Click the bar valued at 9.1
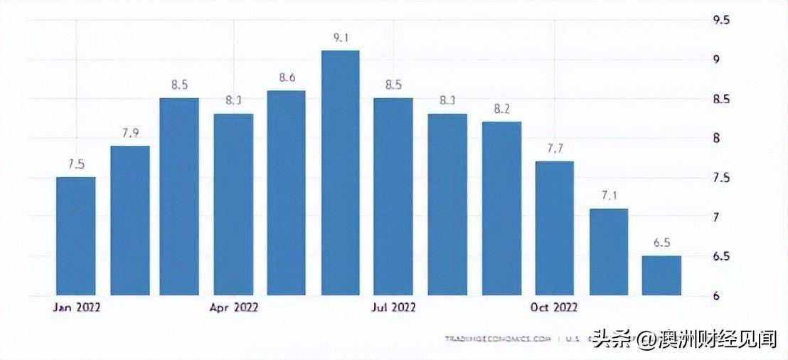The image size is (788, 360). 340,173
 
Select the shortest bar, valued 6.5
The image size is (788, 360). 661,275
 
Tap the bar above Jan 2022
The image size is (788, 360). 76,235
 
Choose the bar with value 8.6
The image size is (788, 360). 287,193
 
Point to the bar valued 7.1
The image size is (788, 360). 608,252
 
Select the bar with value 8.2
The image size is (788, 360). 501,208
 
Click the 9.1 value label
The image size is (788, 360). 340,38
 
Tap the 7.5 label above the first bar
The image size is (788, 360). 76,164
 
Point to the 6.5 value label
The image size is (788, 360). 661,243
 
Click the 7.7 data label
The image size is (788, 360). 554,149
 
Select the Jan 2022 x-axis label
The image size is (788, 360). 76,307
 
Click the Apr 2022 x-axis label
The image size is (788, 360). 234,307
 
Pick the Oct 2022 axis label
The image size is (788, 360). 554,307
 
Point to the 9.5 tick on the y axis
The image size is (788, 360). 721,20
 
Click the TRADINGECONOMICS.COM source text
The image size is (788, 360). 497,339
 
